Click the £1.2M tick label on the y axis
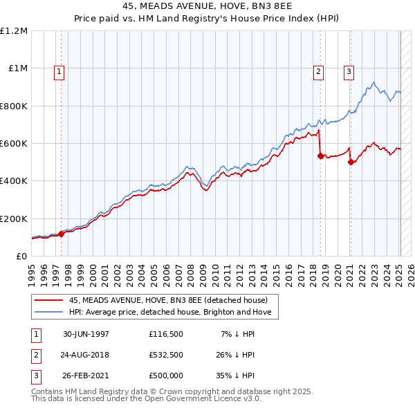(x=14, y=31)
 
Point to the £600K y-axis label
(x=14, y=144)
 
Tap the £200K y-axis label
(x=14, y=219)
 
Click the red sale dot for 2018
(x=320, y=156)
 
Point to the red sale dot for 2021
(x=351, y=163)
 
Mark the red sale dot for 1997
(x=62, y=234)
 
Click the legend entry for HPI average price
(x=173, y=313)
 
